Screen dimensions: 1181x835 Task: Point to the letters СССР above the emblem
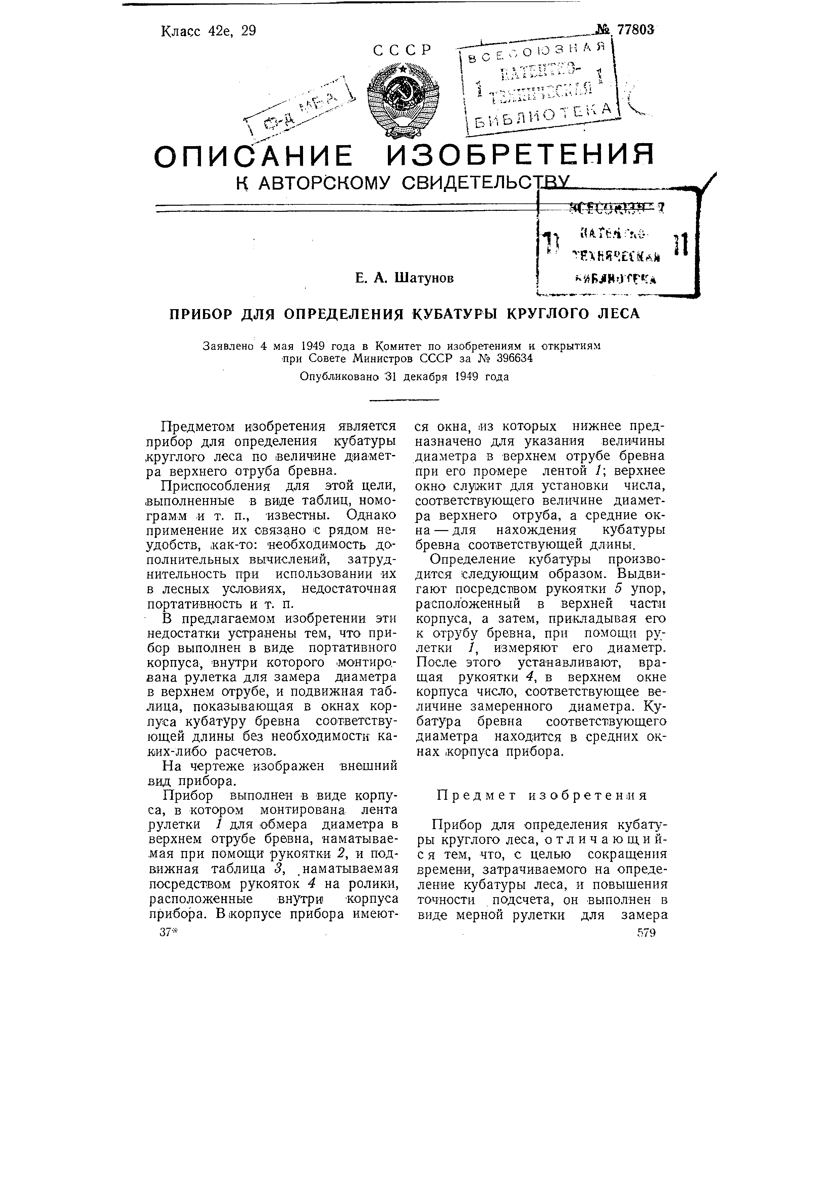[402, 51]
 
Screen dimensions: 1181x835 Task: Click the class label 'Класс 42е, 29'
[208, 31]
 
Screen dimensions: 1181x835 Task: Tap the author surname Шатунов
[424, 278]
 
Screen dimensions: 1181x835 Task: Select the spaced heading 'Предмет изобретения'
[541, 795]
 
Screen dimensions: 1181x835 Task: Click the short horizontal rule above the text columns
[405, 400]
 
